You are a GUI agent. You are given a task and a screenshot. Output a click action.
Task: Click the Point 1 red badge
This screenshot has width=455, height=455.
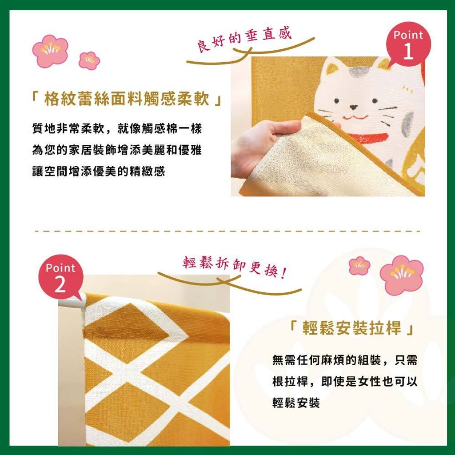(x=409, y=44)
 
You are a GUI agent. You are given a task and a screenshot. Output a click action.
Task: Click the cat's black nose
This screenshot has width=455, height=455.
(x=353, y=108)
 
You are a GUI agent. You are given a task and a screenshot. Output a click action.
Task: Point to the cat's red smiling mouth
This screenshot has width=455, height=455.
(x=355, y=117)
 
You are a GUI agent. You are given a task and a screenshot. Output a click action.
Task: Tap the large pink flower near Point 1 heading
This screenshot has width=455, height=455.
(x=50, y=51)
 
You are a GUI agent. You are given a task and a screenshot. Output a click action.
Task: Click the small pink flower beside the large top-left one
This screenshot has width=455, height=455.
(x=89, y=60)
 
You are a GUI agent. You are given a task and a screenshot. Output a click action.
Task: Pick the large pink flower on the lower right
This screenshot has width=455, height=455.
(x=402, y=275)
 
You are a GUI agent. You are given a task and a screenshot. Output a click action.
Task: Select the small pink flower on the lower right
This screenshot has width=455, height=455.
(x=359, y=265)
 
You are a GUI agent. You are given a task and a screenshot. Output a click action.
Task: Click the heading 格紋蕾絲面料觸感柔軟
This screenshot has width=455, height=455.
(x=127, y=99)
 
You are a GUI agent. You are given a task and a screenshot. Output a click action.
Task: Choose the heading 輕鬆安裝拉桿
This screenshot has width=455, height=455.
(x=351, y=328)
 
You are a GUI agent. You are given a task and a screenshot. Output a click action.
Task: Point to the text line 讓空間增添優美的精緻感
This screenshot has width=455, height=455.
(x=98, y=171)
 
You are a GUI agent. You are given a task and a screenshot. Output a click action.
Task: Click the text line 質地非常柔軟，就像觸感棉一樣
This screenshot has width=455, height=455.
(x=117, y=128)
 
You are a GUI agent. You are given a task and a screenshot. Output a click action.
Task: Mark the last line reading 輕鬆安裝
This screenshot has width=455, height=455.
(x=296, y=403)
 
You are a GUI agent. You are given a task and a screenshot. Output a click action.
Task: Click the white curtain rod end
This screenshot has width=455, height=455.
(x=72, y=301)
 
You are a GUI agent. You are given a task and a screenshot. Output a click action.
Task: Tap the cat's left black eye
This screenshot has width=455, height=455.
(x=336, y=101)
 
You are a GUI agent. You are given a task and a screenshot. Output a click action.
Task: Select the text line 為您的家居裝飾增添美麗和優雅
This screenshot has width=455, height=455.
(x=117, y=150)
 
